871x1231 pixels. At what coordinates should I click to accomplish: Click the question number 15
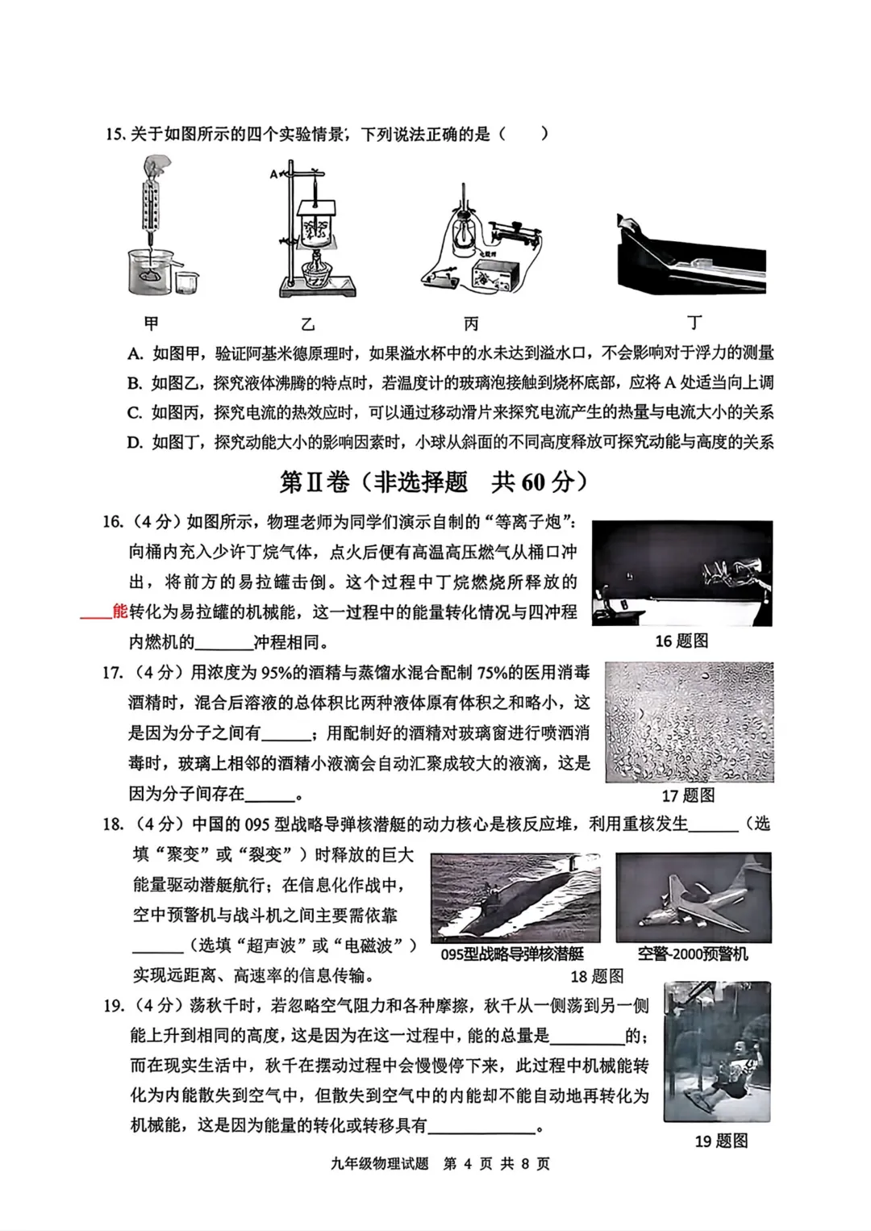[114, 134]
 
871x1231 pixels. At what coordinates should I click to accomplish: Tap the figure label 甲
[151, 323]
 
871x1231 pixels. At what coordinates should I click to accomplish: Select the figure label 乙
[307, 324]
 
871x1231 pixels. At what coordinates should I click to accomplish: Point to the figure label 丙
[471, 324]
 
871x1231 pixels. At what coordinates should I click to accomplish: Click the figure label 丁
[694, 323]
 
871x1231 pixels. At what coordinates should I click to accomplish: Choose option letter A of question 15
[135, 353]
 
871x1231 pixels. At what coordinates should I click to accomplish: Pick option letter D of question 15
[135, 442]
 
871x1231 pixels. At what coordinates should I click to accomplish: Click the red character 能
[120, 611]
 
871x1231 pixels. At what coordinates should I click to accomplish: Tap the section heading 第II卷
[315, 482]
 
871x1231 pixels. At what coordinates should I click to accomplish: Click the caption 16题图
[681, 641]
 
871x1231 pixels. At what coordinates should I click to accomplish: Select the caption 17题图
[688, 795]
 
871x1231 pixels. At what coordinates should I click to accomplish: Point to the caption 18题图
[597, 976]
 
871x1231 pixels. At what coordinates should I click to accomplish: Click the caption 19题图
[721, 1141]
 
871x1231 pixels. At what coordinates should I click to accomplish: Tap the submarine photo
[515, 897]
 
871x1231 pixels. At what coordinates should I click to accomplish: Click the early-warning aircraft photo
[694, 897]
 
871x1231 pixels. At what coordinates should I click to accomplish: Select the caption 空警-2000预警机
[693, 954]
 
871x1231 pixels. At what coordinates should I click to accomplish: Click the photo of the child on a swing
[717, 1051]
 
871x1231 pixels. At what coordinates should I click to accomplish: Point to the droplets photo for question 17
[689, 722]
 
